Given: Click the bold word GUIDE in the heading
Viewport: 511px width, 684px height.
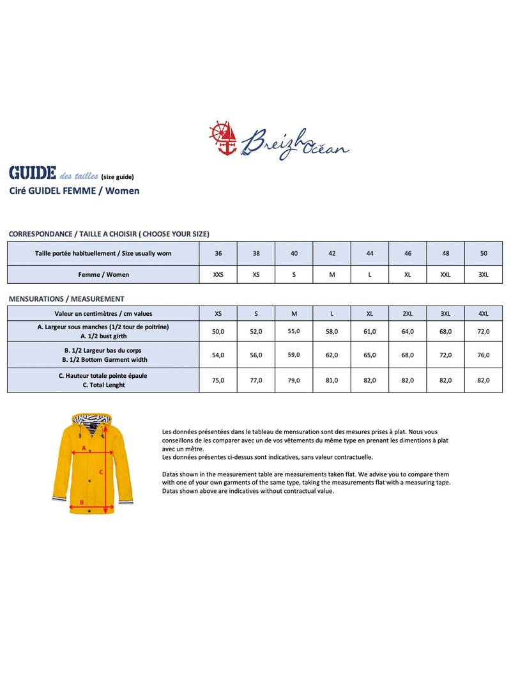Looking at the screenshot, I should pos(32,173).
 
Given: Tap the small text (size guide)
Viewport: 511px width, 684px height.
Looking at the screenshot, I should pos(118,177).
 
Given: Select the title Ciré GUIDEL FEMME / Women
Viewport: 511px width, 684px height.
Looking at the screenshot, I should pos(74,190).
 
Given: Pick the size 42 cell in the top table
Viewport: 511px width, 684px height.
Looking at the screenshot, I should pos(332,253).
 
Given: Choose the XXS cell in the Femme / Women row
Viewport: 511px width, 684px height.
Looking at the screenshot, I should pos(218,274).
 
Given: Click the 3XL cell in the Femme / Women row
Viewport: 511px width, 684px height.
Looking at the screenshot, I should pos(484,274).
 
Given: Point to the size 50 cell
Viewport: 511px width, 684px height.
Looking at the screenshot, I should pos(484,253).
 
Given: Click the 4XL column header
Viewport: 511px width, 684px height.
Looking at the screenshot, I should pos(484,313).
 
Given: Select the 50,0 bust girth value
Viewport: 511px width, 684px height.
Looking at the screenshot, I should pos(218,331).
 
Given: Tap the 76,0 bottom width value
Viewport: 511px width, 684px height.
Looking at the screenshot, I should pos(484,355).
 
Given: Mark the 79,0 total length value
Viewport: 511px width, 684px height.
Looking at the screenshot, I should pos(294,380).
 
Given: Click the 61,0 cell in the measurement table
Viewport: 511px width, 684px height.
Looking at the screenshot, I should pos(370,331).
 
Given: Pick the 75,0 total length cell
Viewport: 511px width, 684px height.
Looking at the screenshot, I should pos(218,380).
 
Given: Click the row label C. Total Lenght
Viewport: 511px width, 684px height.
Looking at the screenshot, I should pos(103,385).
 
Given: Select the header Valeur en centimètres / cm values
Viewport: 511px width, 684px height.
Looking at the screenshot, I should pos(103,313).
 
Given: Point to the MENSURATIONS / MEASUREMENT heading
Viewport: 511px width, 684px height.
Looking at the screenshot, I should pos(66,299).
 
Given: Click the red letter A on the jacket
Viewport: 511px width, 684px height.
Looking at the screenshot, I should pos(83,448).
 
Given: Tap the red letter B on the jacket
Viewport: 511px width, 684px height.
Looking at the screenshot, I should pos(82,502).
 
